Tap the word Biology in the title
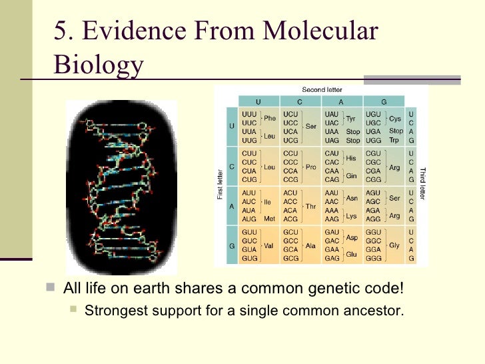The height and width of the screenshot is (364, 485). (98, 65)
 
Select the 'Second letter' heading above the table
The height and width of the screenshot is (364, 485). (322, 89)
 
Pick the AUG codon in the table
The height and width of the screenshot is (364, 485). (250, 219)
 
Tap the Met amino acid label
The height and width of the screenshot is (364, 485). (269, 219)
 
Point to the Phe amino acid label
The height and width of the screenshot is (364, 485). (270, 119)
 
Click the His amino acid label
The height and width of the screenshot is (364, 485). (350, 158)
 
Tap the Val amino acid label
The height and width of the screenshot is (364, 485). (269, 245)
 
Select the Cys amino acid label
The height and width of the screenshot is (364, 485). (396, 119)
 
